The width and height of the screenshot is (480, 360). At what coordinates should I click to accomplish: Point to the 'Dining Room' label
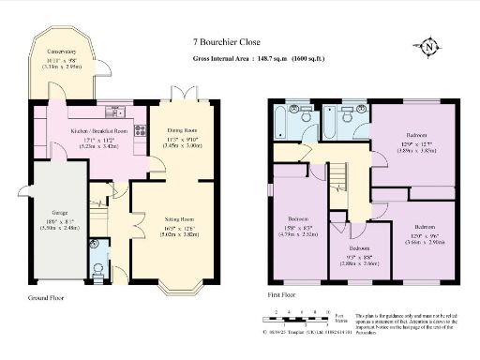coord(183,131)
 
